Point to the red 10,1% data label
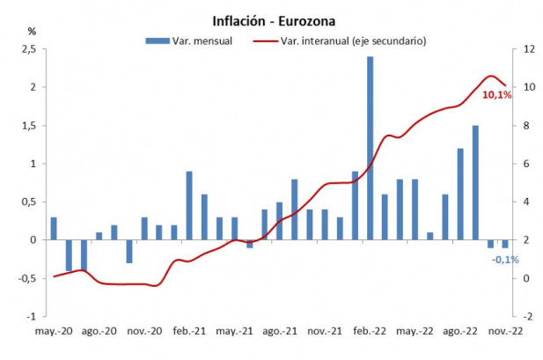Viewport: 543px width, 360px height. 496,94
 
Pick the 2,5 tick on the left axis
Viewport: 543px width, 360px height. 27,49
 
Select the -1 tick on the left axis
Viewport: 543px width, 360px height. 31,316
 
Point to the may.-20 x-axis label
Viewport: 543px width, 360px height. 52,332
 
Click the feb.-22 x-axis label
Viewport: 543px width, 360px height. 369,332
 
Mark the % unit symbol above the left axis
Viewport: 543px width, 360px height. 32,31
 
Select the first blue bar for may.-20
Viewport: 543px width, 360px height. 54,228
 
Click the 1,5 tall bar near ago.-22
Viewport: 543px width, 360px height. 475,182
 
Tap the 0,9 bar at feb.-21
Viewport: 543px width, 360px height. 189,205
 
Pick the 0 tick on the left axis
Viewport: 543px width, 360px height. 33,240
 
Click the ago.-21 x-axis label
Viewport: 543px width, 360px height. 278,332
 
